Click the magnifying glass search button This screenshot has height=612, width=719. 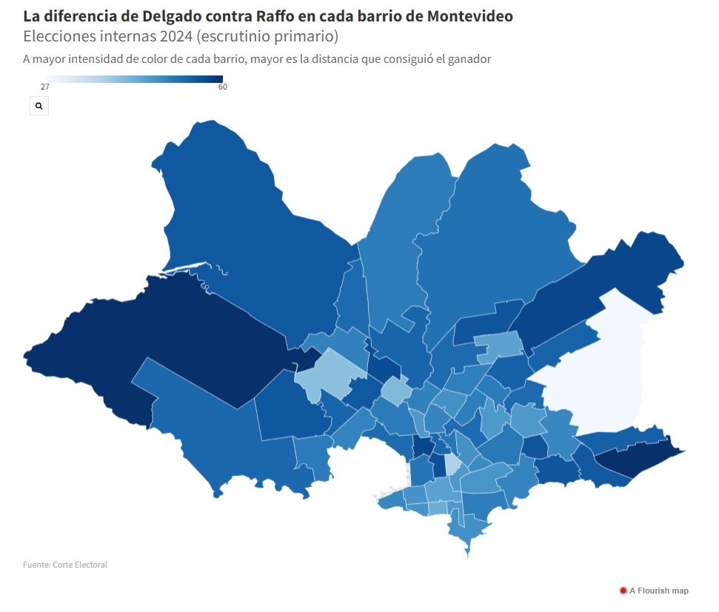pos(39,106)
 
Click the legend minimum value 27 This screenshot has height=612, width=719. pos(45,87)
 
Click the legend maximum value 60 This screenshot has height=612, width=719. pos(222,87)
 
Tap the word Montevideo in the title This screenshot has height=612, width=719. pos(470,16)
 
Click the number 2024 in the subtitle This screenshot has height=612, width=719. pos(176,36)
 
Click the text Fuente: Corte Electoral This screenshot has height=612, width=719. pos(65,565)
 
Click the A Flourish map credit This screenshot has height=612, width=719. pos(654,591)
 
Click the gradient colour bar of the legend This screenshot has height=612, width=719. pos(134,79)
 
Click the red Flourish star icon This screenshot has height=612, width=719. pos(623,591)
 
